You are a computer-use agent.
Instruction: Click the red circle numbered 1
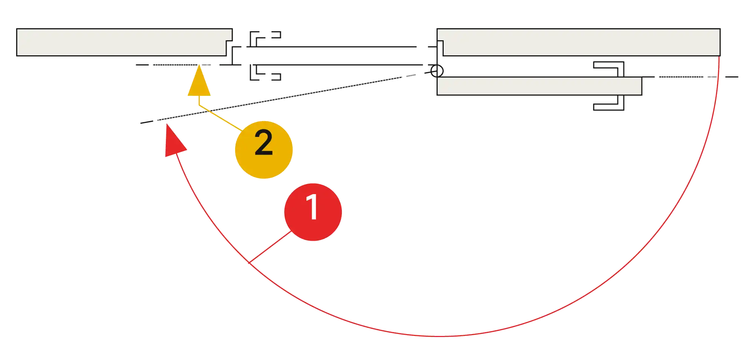[x=313, y=212]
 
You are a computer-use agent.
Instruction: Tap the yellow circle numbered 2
[x=264, y=149]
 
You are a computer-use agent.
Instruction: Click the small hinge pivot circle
[x=437, y=71]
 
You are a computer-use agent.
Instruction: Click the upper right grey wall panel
[x=579, y=42]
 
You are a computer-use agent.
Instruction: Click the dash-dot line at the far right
[x=692, y=77]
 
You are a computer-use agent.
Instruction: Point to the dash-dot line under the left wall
[x=173, y=65]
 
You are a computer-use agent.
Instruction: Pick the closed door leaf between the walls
[x=331, y=56]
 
